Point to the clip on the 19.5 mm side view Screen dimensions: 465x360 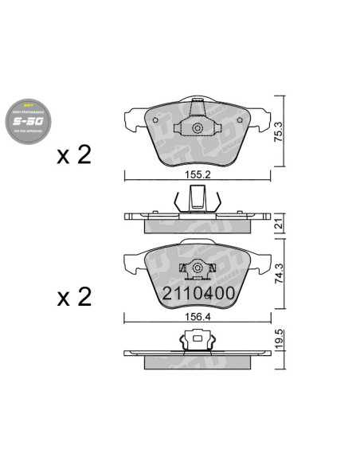point(196,342)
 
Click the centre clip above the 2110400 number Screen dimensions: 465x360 point(196,271)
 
